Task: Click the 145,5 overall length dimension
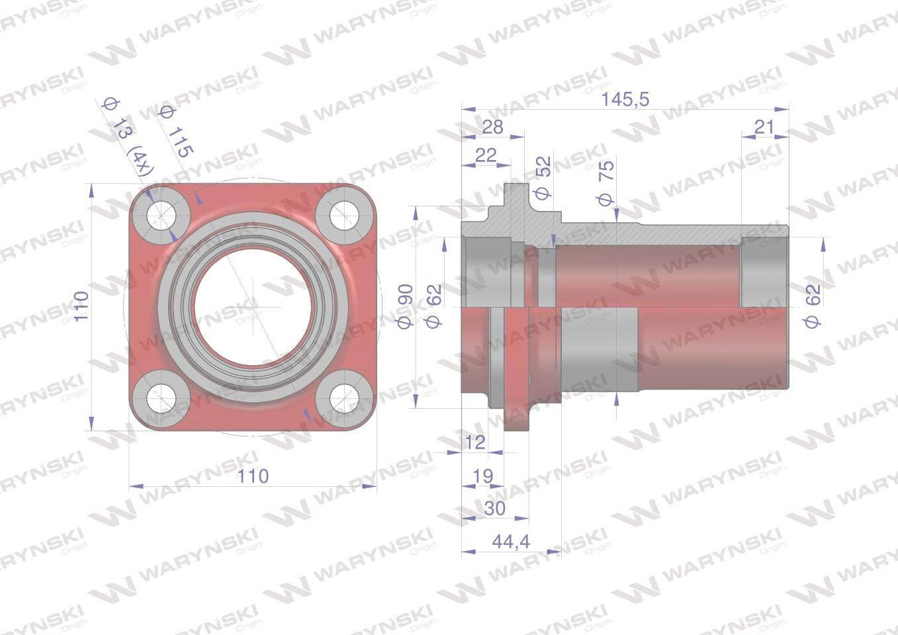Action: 625,99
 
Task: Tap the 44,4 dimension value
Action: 511,542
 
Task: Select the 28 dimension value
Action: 492,127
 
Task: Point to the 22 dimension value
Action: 486,155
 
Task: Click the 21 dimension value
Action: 764,127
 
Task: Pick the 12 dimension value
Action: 475,443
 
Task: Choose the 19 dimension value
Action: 482,476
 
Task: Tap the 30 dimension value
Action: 494,509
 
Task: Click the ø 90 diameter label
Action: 405,306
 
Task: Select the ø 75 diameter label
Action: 606,183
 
